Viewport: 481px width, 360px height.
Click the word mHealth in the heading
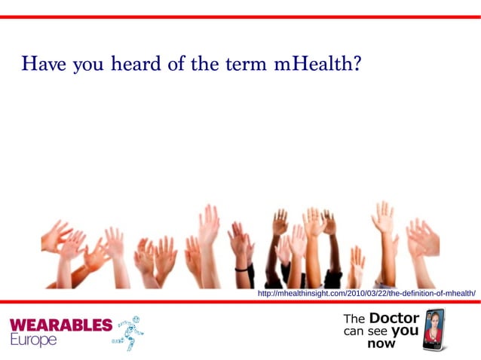click(x=317, y=64)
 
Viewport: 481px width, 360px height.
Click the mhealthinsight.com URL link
click(x=366, y=293)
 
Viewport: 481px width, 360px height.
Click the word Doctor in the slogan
click(x=394, y=318)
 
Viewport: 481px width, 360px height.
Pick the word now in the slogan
click(x=381, y=343)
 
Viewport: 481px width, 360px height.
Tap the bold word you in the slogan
click(x=405, y=330)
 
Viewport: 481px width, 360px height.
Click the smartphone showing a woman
click(x=434, y=328)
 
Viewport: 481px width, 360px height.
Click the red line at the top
click(x=240, y=16)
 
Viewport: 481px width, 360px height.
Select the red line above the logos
click(x=240, y=301)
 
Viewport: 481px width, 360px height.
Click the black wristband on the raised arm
click(x=242, y=268)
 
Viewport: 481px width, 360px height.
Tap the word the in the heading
click(x=204, y=64)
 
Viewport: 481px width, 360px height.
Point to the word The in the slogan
click(x=354, y=319)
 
